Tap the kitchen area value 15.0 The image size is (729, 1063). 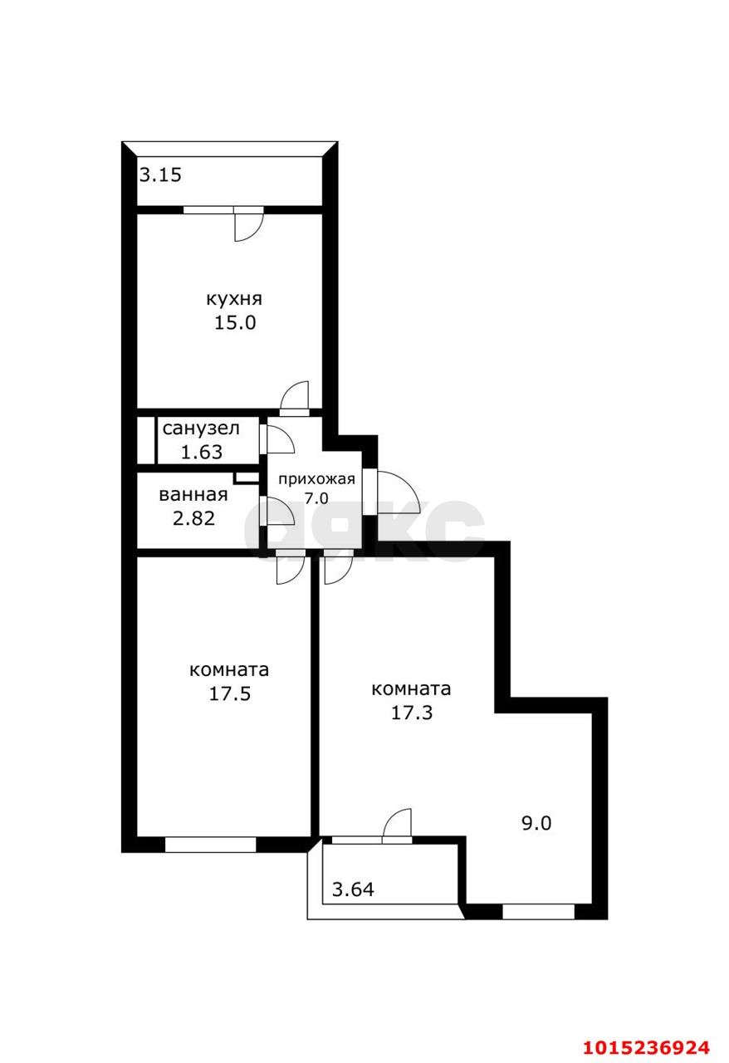tap(235, 323)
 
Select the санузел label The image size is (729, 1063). tap(201, 429)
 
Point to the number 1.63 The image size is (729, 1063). tap(200, 453)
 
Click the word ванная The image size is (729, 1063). tap(193, 495)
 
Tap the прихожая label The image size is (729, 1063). tap(316, 479)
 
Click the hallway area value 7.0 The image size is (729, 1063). tap(316, 498)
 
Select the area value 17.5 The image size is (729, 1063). tap(229, 693)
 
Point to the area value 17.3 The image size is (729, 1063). tap(412, 711)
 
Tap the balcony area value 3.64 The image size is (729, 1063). tap(353, 890)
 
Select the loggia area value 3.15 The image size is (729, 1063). tap(159, 175)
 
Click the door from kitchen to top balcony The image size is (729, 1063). tap(247, 224)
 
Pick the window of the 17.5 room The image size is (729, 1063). tap(211, 845)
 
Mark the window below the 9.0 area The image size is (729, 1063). tap(538, 911)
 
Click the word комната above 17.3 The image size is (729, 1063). tap(412, 688)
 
